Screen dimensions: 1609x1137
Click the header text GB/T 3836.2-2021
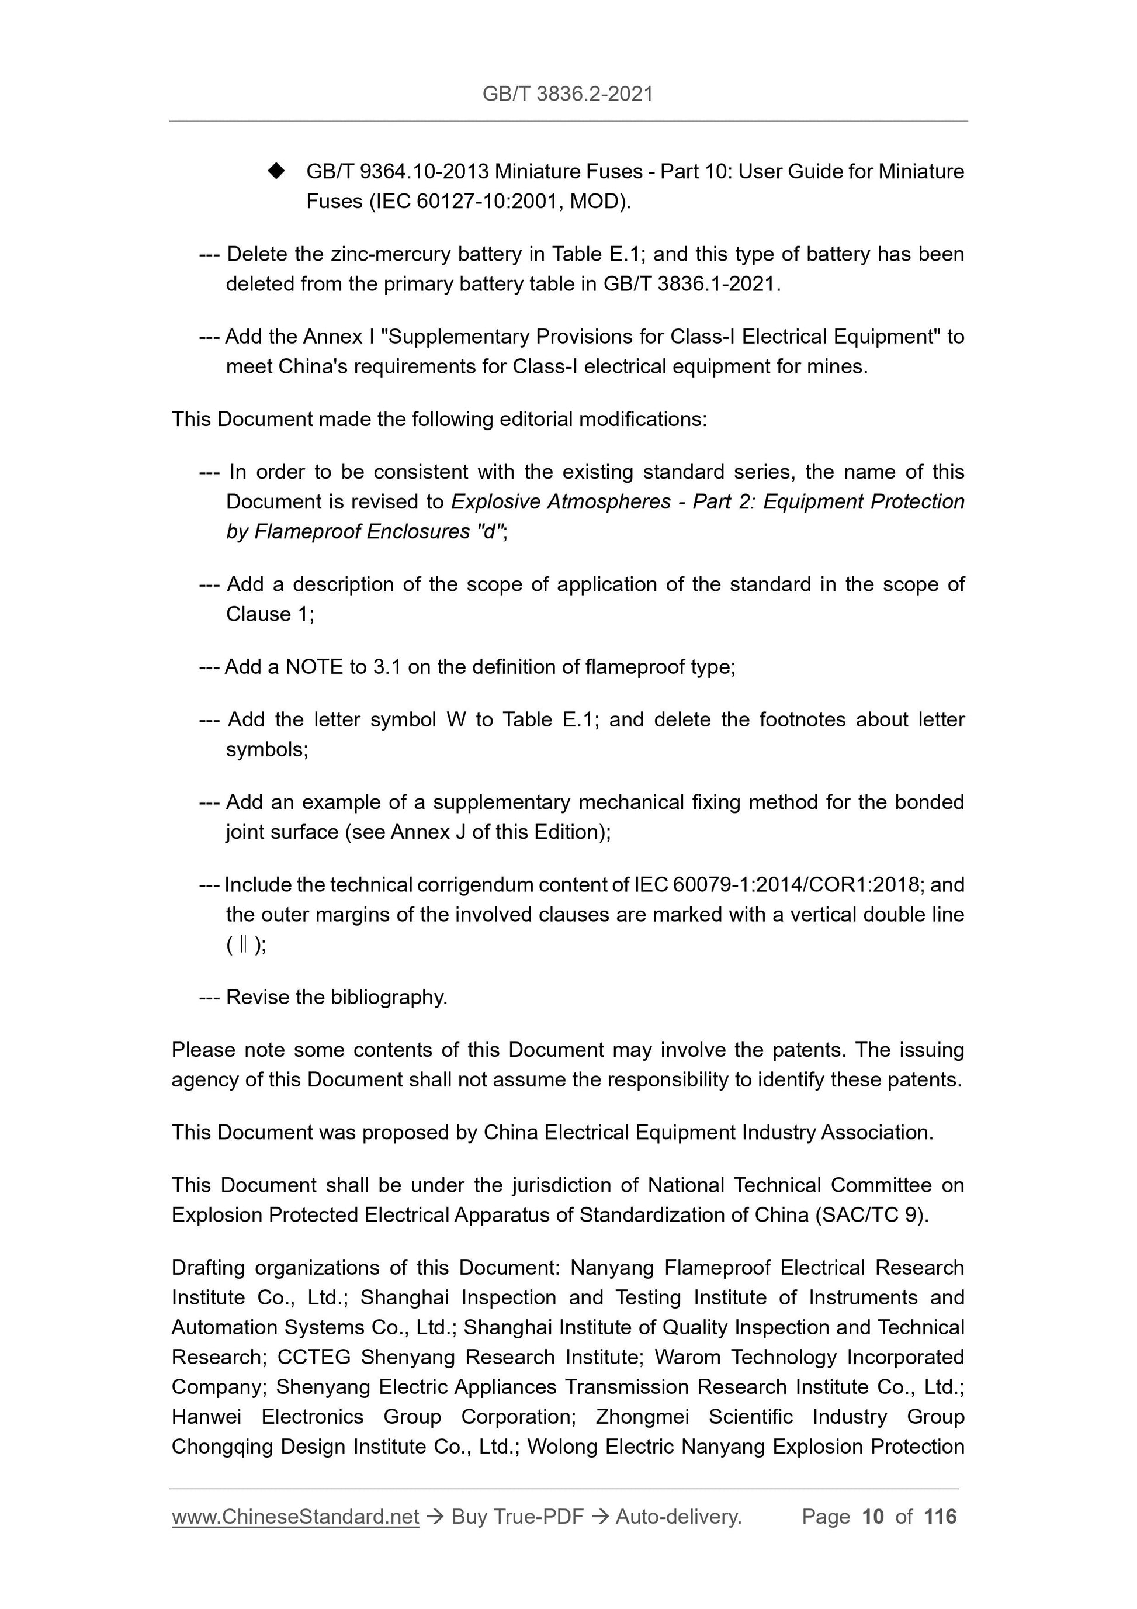tap(567, 94)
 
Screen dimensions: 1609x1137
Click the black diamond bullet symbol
tap(277, 170)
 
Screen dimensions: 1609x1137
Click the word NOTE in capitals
tap(313, 666)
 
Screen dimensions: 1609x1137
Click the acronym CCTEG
tap(314, 1358)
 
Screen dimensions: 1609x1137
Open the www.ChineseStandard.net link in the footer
tap(295, 1517)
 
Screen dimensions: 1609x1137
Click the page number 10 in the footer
tap(872, 1517)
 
